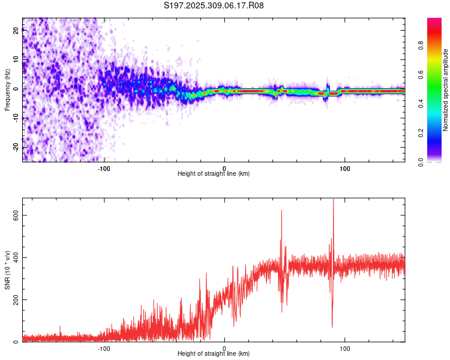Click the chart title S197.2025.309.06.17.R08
214,5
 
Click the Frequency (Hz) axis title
7,90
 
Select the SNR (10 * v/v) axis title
7,270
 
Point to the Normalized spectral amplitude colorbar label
446,90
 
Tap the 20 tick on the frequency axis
17,31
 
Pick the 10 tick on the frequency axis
17,60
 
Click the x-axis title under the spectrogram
214,174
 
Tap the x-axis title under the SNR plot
214,354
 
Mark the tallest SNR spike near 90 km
333,200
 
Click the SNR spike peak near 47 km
281,211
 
